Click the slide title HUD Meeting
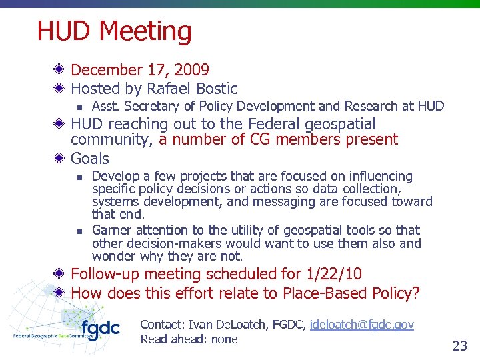(x=114, y=31)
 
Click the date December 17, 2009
(x=139, y=70)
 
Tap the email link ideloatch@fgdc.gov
(x=362, y=325)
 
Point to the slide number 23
(x=459, y=345)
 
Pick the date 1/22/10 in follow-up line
(x=340, y=274)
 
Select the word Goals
(x=90, y=159)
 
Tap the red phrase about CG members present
(x=278, y=139)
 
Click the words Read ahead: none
(x=189, y=339)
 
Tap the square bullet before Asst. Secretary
(x=79, y=107)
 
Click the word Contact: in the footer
(x=163, y=325)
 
